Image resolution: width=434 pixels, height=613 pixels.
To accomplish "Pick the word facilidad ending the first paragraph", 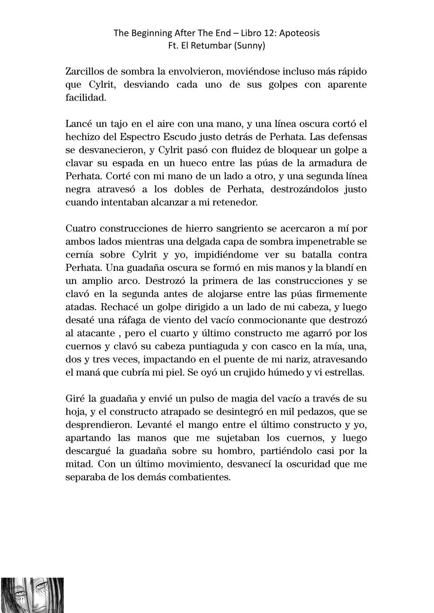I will (86, 98).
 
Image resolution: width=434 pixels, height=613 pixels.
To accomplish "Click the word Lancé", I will (78, 124).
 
